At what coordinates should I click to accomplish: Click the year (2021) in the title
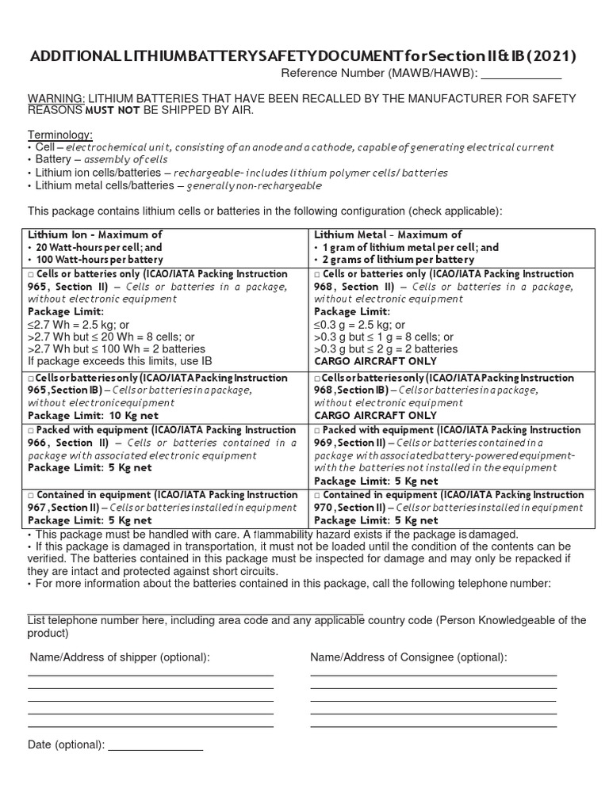(x=550, y=56)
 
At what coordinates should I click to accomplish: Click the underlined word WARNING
(x=51, y=98)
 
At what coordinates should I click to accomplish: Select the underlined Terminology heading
(x=60, y=135)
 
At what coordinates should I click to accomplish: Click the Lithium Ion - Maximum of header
(x=95, y=234)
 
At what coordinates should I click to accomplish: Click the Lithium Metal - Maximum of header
(x=388, y=234)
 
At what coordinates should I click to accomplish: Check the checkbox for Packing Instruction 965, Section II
(x=32, y=274)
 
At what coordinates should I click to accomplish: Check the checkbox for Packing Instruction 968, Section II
(x=318, y=274)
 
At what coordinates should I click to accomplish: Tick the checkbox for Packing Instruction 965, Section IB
(x=32, y=379)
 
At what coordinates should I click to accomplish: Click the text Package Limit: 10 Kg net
(x=93, y=415)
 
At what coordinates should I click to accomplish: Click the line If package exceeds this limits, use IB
(x=120, y=361)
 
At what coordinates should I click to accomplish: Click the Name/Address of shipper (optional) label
(x=120, y=657)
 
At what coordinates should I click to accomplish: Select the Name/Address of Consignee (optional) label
(x=408, y=657)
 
